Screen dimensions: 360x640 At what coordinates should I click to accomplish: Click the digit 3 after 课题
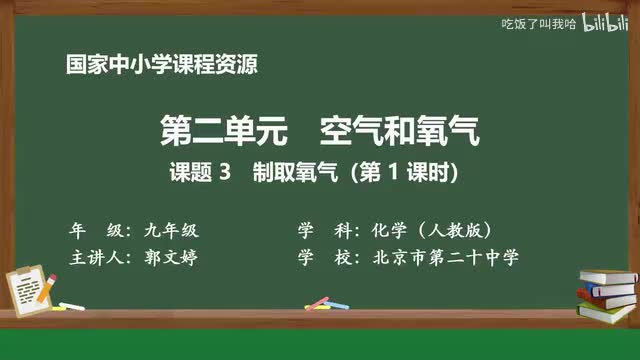[225, 172]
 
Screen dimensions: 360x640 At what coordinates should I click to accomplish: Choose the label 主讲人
[96, 257]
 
